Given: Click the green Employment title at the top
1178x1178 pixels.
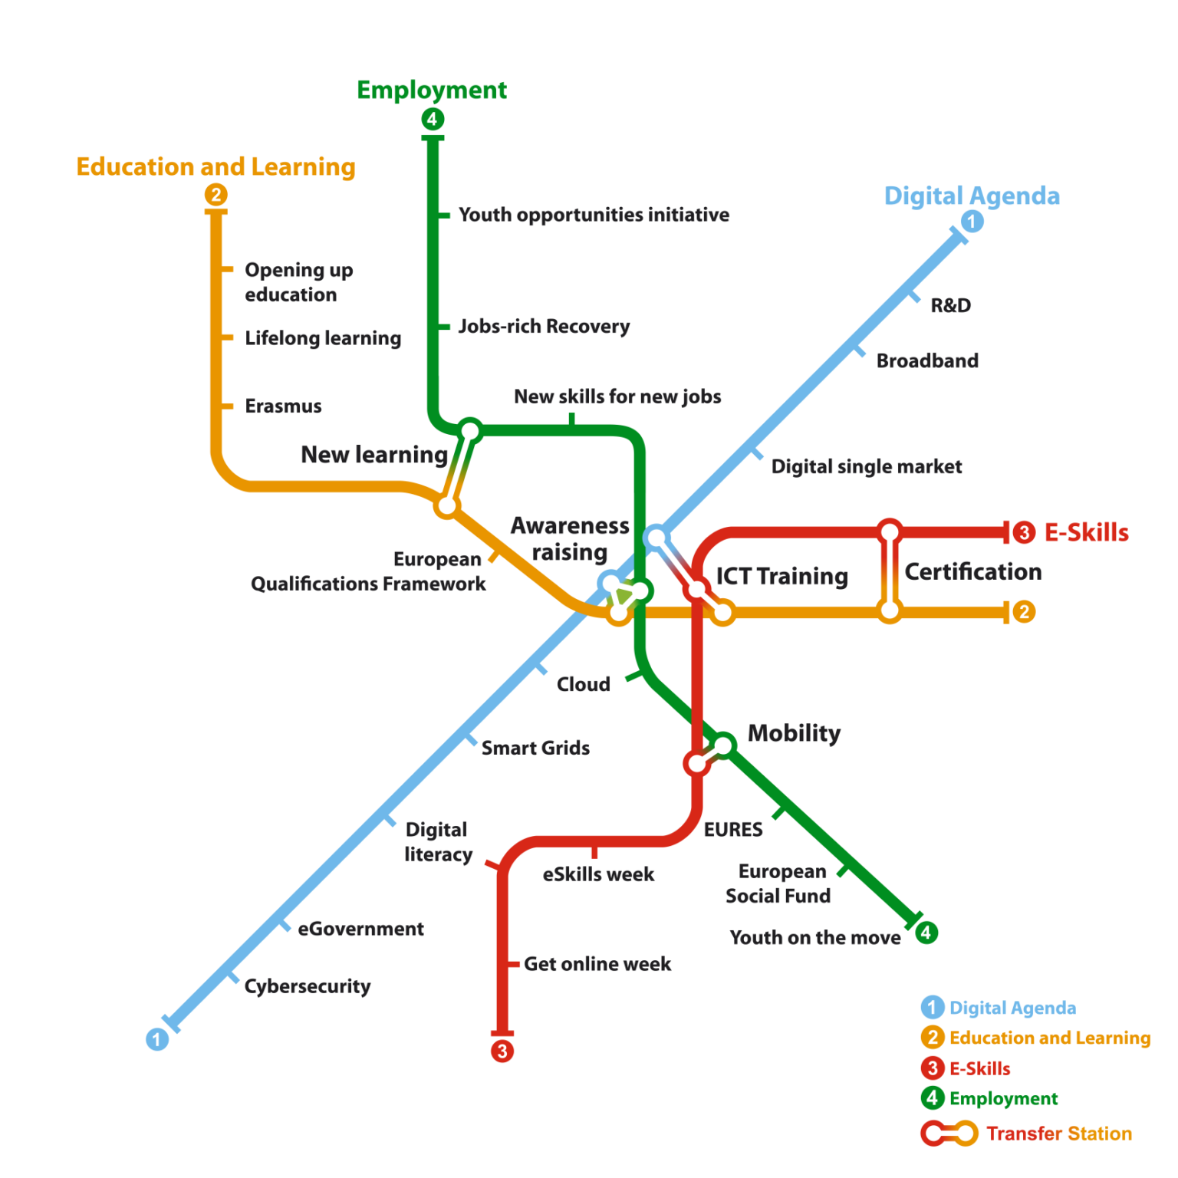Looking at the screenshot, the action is pos(432,90).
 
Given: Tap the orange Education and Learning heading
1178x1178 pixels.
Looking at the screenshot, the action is pos(216,167).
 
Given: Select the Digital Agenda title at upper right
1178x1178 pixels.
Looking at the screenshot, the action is pos(972,196).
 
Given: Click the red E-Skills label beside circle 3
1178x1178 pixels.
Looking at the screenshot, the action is pos(1087,532).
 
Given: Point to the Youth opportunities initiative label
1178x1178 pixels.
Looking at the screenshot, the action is pos(594,215).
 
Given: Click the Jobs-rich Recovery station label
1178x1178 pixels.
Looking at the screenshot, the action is pos(544,327).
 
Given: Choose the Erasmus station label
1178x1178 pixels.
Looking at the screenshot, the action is pos(283,406).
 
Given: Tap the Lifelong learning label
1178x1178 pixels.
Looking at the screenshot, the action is pos(323,338).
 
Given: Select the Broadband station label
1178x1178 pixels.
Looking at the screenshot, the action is pos(927,360).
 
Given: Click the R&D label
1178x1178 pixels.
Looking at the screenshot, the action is pos(951,305).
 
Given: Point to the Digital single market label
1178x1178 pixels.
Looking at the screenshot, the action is pos(867,466).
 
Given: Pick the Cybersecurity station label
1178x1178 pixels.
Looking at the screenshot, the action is pos(308,986).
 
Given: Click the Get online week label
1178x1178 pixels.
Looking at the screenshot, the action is pos(597,964).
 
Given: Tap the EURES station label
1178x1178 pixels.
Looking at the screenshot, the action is pos(733,830).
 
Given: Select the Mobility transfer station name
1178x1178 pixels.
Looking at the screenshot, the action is pos(795,733).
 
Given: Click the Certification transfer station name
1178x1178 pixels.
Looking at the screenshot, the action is pos(973,571).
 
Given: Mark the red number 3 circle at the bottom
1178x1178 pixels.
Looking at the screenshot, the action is pos(502,1051).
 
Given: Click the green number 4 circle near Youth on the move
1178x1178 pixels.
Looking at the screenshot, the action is pos(926,933).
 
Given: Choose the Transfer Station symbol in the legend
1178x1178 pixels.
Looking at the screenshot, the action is pos(949,1134).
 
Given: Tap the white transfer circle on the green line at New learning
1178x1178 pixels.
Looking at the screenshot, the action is pos(469,431).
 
